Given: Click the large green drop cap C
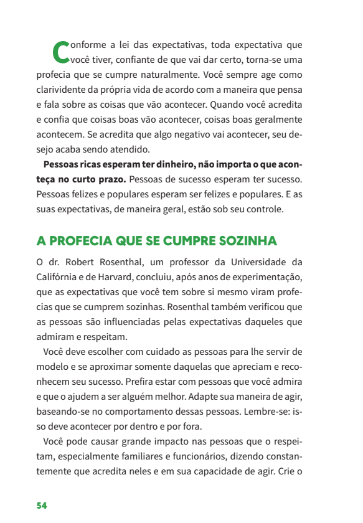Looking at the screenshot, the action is coord(61,52).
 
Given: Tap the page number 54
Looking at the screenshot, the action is coord(42,505).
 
